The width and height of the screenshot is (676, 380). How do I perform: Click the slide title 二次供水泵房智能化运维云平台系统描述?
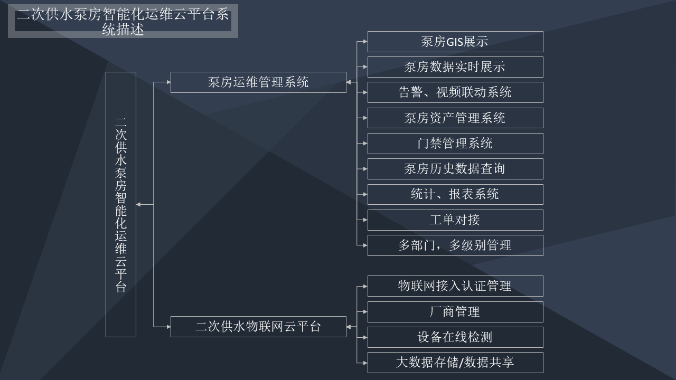[x=123, y=22]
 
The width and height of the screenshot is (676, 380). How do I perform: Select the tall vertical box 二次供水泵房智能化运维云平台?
[x=121, y=204]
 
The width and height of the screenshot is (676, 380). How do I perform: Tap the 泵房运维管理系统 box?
[x=258, y=82]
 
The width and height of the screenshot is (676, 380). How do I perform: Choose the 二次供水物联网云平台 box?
[x=258, y=326]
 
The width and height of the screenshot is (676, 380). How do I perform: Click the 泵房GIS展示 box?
[x=455, y=42]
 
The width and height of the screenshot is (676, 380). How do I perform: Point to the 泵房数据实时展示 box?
[x=455, y=67]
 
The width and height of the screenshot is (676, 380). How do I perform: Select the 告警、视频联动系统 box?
[x=455, y=92]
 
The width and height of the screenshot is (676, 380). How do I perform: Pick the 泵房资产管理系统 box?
[x=455, y=118]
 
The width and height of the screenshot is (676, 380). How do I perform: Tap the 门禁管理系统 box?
[x=455, y=144]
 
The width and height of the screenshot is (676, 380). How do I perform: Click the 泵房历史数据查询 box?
[x=455, y=169]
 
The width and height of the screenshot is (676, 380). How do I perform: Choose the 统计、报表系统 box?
[x=455, y=194]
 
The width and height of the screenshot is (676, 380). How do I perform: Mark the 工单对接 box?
[x=455, y=220]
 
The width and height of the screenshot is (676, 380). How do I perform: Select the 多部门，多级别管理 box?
[x=455, y=245]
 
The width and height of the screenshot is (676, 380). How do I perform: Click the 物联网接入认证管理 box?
[x=455, y=286]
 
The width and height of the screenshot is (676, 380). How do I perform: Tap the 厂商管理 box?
[x=455, y=312]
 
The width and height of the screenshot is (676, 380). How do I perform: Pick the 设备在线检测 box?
[x=455, y=337]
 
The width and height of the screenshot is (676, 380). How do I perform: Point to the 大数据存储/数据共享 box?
[x=455, y=363]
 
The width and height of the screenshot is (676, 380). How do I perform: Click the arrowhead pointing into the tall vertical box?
[x=139, y=204]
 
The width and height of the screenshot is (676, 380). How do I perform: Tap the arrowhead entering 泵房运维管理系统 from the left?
[x=167, y=82]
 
